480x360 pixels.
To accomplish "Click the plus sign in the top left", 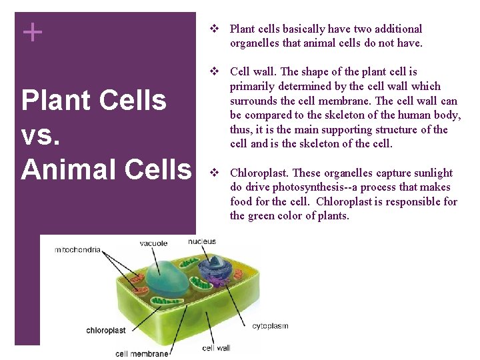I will pos(32,31).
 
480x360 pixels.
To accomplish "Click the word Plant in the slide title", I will pos(55,100).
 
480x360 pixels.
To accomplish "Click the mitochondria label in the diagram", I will pos(78,250).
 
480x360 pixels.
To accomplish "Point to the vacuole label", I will pos(153,243).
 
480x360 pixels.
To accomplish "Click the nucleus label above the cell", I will pos(201,241).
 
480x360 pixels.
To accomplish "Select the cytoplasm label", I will pos(270,326).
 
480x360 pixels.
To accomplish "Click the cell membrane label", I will pos(141,353).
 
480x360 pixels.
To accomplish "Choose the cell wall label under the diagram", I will pos(216,347).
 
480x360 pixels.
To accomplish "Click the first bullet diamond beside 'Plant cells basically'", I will pos(214,29).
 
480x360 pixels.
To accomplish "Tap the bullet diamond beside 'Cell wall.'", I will pos(214,71).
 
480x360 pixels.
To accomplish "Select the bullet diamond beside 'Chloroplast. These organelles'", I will pos(214,173).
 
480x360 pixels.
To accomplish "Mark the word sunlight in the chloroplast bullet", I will pos(433,173).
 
